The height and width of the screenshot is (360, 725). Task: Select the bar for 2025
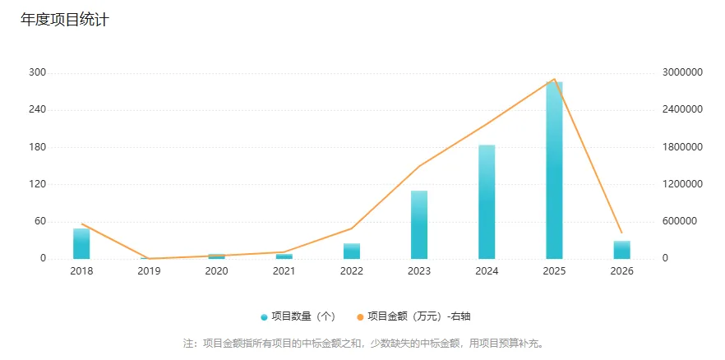(554, 171)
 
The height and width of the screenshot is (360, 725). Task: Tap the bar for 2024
(487, 202)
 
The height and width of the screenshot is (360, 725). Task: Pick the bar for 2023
(419, 225)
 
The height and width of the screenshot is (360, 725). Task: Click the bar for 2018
(81, 244)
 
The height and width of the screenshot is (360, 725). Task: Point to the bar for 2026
(621, 250)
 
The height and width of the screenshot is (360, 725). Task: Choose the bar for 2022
(352, 251)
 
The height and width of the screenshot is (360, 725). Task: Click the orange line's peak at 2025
(554, 80)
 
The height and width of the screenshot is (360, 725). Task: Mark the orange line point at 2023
(419, 166)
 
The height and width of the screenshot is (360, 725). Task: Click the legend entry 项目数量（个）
(298, 316)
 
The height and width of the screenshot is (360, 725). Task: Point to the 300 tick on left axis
(36, 73)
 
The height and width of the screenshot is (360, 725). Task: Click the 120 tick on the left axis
(36, 184)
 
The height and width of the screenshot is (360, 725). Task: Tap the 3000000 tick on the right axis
(682, 73)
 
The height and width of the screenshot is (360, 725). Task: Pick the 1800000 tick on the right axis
(682, 147)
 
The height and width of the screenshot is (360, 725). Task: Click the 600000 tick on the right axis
(679, 221)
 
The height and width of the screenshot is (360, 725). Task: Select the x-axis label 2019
(149, 271)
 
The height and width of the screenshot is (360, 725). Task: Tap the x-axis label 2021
(284, 271)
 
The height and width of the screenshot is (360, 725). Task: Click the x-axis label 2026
(621, 271)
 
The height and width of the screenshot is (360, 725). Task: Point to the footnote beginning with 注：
(362, 343)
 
